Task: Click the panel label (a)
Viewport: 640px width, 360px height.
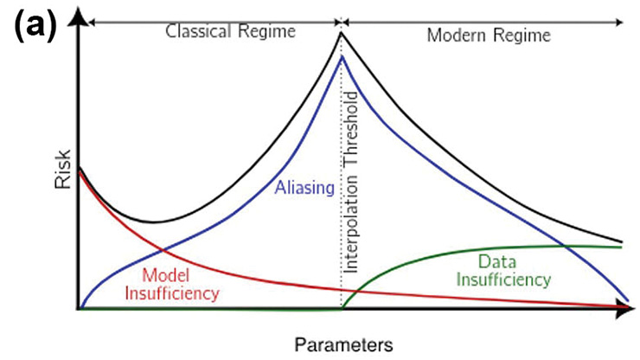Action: click(x=35, y=26)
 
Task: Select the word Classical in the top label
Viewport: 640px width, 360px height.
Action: click(x=198, y=31)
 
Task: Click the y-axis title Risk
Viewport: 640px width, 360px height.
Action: click(x=63, y=170)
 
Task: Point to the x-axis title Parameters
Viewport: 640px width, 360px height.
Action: click(x=343, y=345)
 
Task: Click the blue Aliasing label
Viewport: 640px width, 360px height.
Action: click(x=304, y=188)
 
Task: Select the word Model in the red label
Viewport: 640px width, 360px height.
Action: click(x=166, y=275)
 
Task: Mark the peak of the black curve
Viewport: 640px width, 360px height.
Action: click(x=342, y=33)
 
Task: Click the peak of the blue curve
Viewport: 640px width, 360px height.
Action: click(x=342, y=56)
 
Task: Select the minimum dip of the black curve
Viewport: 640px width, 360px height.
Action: click(x=153, y=222)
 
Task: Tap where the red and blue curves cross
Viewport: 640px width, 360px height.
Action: click(x=162, y=250)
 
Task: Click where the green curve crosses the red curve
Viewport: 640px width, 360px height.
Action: click(x=356, y=291)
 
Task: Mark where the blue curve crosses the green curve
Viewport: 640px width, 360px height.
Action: click(x=565, y=246)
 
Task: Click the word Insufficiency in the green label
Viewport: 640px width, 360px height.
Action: click(x=503, y=280)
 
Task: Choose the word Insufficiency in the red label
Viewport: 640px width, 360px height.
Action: click(x=172, y=293)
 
